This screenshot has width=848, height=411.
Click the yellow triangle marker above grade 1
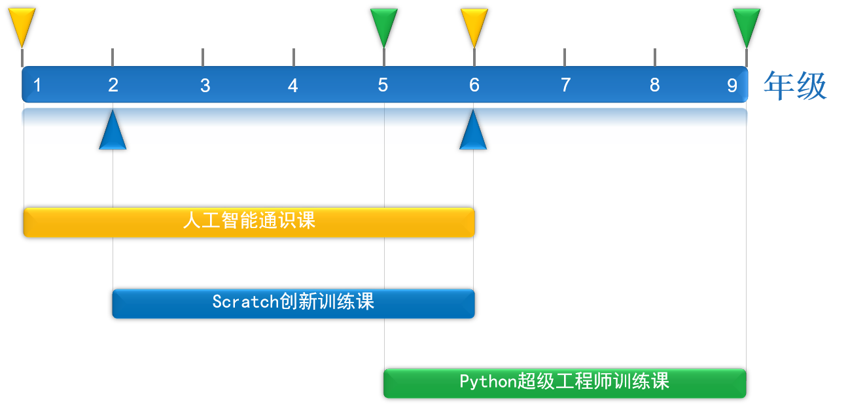(x=22, y=25)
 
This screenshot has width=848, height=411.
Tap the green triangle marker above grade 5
(x=384, y=25)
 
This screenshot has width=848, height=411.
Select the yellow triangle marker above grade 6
(x=474, y=25)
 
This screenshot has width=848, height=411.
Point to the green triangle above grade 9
(x=747, y=25)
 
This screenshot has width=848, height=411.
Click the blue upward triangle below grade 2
(x=113, y=133)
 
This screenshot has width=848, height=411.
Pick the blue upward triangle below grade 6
(x=473, y=133)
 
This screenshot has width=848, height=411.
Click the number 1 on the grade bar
(x=37, y=85)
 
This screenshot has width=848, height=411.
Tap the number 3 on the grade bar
(x=205, y=86)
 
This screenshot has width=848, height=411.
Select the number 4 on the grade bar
(x=292, y=86)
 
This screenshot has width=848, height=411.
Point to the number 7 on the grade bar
(x=565, y=85)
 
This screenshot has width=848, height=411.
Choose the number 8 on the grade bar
(x=655, y=85)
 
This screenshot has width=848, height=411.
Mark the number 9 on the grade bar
(x=732, y=86)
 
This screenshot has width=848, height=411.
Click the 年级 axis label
(x=795, y=86)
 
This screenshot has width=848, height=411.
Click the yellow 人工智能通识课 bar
(x=249, y=222)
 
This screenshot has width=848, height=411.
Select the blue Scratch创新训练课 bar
(x=293, y=304)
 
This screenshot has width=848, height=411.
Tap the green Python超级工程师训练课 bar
(x=565, y=384)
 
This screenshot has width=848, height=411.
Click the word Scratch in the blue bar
(x=245, y=302)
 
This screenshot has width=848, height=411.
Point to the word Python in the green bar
(x=488, y=382)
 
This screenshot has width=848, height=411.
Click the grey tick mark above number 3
(x=203, y=58)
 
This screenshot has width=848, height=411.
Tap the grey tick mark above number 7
(x=565, y=58)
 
